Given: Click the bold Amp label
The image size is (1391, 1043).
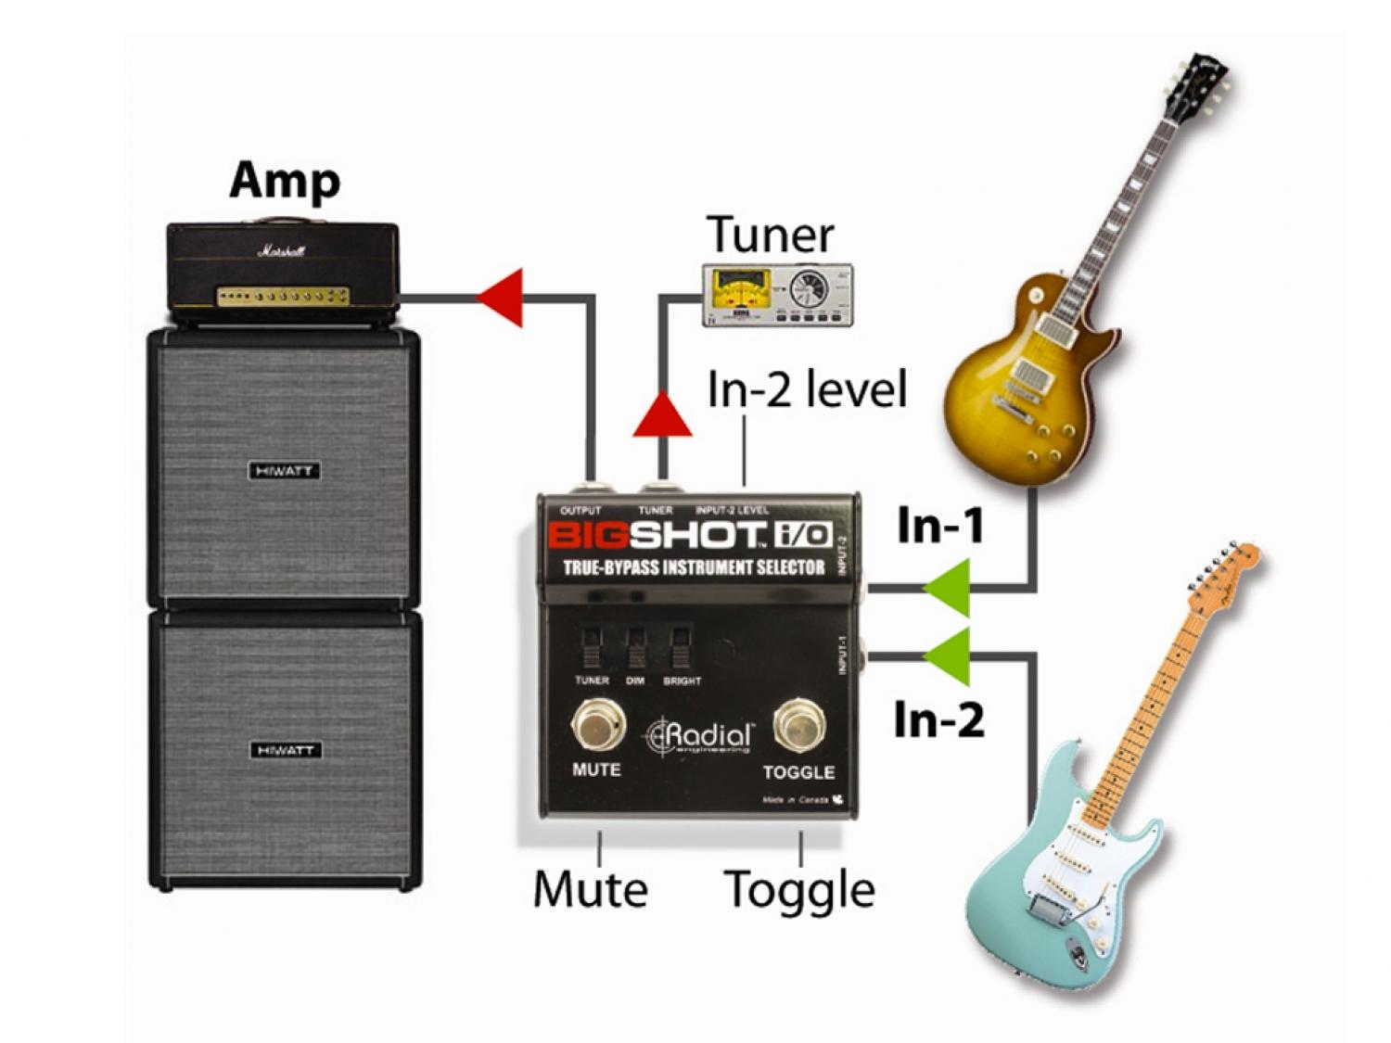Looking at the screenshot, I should [x=284, y=181].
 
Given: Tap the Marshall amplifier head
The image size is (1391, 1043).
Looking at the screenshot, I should [x=283, y=269].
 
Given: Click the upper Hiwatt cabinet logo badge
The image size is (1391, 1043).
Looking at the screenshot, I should [x=284, y=471].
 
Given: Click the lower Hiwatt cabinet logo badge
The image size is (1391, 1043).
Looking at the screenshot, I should [x=285, y=750].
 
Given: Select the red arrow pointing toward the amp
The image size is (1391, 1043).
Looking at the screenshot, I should [x=501, y=297].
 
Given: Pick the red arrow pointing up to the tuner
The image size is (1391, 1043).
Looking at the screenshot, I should [x=662, y=414].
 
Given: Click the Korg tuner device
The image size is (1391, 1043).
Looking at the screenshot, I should [x=777, y=295].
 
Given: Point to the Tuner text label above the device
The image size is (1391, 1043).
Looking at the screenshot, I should [x=770, y=235].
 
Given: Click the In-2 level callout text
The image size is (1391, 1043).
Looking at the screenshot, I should [x=806, y=388].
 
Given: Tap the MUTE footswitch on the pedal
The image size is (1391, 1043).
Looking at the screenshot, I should [x=597, y=726].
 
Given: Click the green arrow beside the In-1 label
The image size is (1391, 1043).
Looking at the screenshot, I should [x=948, y=588].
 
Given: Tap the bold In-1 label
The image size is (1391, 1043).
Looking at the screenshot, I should [x=940, y=526].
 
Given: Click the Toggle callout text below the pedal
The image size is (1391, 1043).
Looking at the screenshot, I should [x=798, y=889].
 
